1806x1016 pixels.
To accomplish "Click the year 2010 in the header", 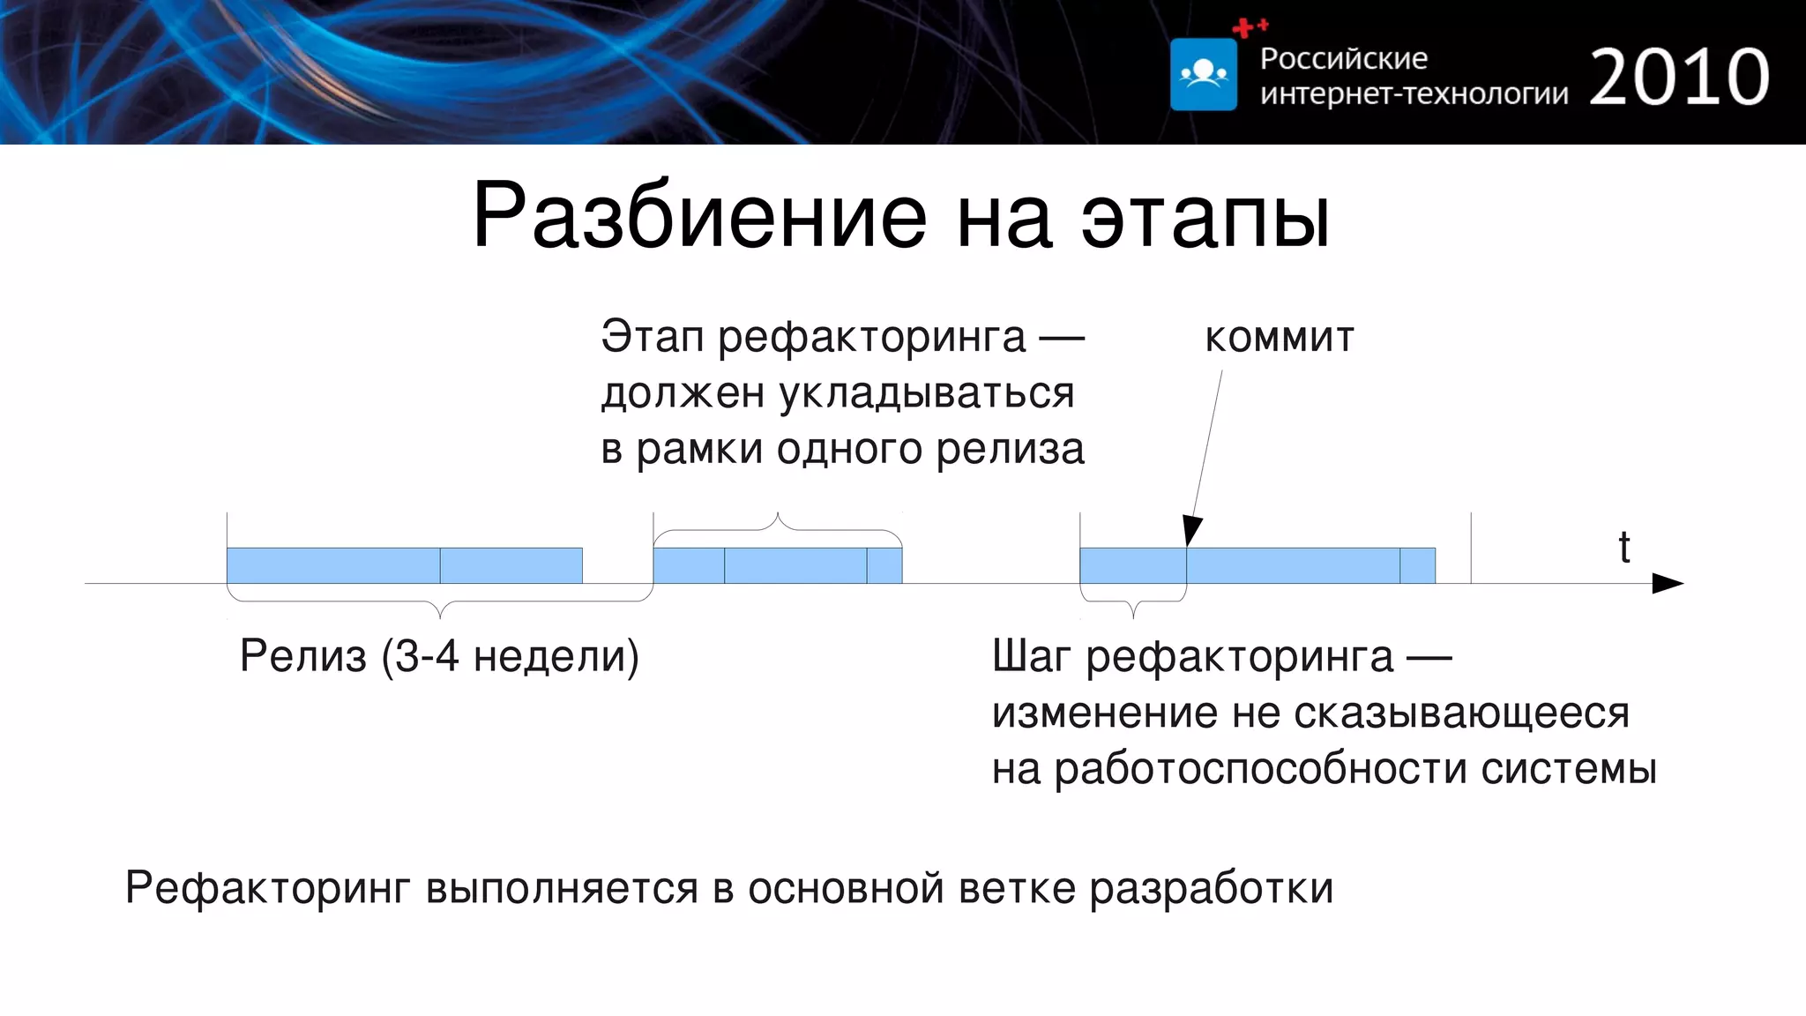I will (1679, 78).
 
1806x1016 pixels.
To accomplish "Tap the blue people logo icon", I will (1204, 74).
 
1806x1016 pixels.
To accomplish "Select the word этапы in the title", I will (1205, 217).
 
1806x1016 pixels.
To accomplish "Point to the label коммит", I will (1279, 337).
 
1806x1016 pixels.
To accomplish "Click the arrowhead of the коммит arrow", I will (1191, 532).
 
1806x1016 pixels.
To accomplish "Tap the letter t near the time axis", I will (1623, 548).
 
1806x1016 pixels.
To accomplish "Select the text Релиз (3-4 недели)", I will (439, 656).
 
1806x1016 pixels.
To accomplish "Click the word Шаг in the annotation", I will (1031, 656).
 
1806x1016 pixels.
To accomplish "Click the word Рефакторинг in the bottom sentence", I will (267, 888).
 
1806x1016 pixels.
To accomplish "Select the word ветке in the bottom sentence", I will (1017, 888).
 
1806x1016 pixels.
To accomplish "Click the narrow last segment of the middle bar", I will (884, 565).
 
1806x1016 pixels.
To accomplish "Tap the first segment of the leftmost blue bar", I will (333, 565).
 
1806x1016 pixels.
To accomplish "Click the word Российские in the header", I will (1343, 59).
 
